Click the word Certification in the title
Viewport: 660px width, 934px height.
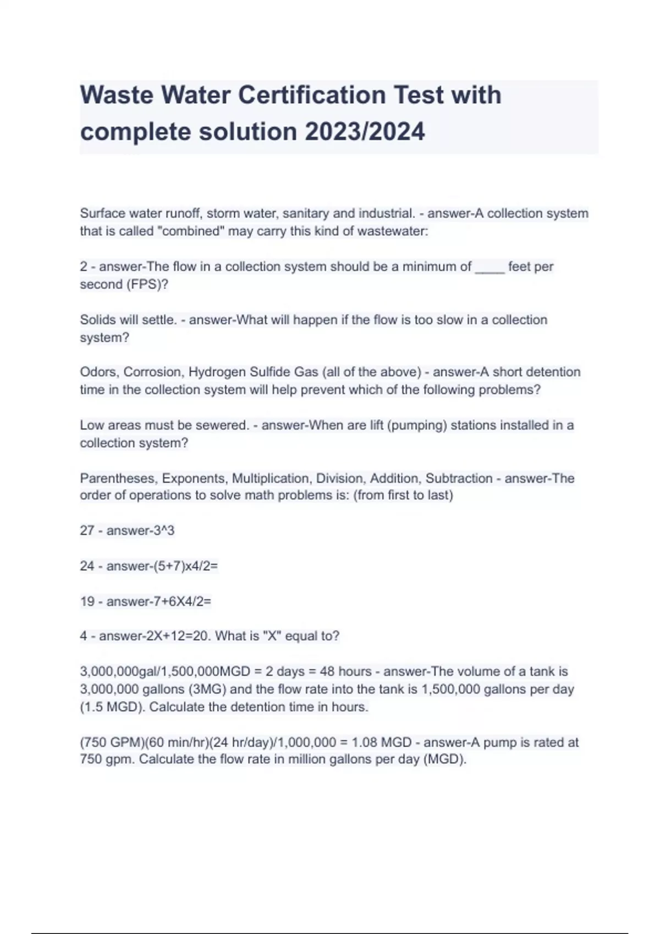click(311, 95)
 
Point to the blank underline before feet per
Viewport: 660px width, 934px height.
click(490, 268)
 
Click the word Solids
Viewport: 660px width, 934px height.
click(97, 320)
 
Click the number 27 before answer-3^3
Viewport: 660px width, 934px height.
click(87, 531)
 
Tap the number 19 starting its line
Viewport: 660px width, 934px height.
click(87, 602)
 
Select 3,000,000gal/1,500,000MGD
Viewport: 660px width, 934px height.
click(165, 671)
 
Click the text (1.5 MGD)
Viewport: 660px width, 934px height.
click(112, 707)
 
